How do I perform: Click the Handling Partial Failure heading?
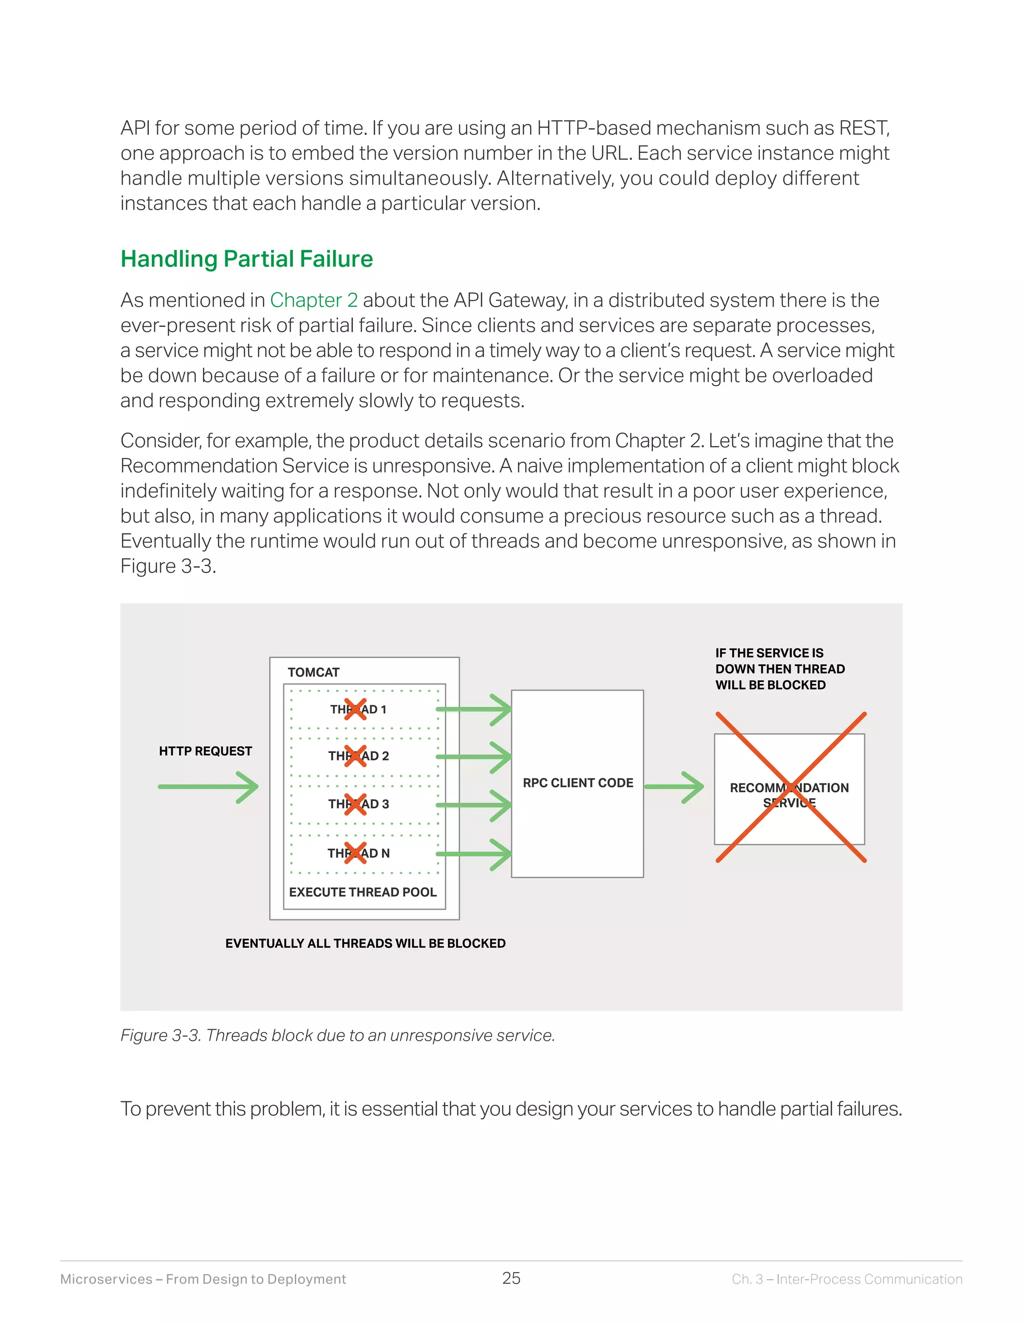coord(247,259)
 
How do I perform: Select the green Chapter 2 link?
coord(313,300)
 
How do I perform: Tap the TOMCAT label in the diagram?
coord(313,672)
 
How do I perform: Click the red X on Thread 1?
coord(355,708)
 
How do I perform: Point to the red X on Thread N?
coord(355,853)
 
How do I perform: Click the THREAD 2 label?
coord(359,756)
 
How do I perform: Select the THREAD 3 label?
coord(359,804)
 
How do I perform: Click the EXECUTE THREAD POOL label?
coord(363,892)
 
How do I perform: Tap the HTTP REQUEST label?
coord(205,751)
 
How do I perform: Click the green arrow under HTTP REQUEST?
coord(208,787)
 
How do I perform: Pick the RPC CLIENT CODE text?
coord(577,782)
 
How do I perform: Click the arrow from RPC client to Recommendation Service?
coord(673,787)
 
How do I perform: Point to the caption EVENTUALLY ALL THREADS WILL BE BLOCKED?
coord(365,943)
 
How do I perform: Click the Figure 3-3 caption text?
coord(338,1035)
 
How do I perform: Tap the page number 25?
coord(511,1278)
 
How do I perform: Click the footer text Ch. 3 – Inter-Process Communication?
coord(847,1279)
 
